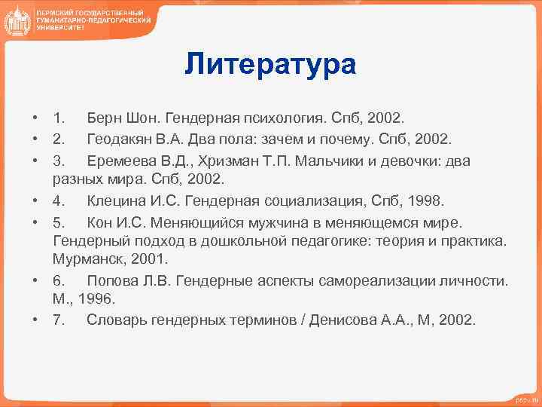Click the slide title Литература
(270, 64)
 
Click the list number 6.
(58, 280)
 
